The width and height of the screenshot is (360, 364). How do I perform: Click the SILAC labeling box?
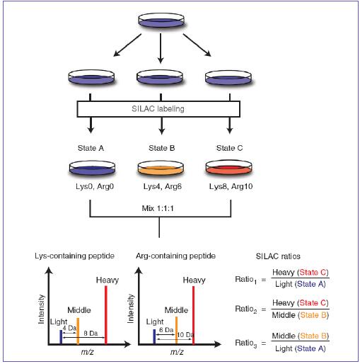pos(158,109)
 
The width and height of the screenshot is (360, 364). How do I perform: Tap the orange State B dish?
pos(161,168)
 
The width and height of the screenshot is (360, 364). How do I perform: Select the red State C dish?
pos(228,167)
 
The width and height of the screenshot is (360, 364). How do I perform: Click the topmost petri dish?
pos(161,20)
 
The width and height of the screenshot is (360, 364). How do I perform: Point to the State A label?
pos(91,148)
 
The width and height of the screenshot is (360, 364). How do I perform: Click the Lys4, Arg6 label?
pos(163,186)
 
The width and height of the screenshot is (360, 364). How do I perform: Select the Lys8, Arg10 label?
pos(231,186)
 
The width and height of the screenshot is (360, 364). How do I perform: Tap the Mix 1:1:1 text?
pos(158,208)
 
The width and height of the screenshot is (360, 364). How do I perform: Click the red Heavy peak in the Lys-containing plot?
pos(106,315)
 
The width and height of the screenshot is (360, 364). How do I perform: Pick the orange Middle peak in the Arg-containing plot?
pos(176,331)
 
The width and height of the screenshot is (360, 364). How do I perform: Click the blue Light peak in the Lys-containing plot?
pos(61,337)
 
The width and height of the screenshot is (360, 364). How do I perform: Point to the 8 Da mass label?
pos(91,333)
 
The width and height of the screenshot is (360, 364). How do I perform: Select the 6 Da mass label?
pos(166,330)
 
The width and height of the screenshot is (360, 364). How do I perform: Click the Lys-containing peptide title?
pos(74,256)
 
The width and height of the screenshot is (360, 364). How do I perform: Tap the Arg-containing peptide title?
pos(175,256)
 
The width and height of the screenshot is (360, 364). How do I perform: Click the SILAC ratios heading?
pos(278,256)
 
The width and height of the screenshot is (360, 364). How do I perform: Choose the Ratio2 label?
pos(246,309)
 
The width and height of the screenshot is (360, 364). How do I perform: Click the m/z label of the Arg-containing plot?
pos(177,352)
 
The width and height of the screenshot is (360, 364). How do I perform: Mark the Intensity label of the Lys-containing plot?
pos(41,309)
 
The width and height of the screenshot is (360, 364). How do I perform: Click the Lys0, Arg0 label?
pos(95,186)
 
